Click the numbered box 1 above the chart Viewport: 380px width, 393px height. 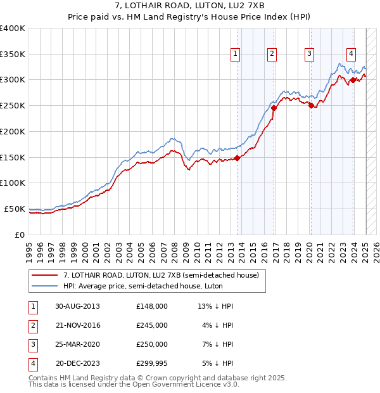click(x=235, y=54)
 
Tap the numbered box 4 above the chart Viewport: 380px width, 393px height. click(x=350, y=54)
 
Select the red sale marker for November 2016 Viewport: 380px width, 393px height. click(x=274, y=108)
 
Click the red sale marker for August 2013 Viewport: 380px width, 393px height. click(x=237, y=158)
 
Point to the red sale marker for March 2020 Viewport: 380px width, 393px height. click(x=311, y=105)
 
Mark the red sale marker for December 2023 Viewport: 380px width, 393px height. click(x=353, y=80)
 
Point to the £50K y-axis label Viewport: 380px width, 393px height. click(x=15, y=209)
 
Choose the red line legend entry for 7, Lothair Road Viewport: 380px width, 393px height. click(x=161, y=276)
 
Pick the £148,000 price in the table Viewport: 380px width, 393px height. click(x=151, y=306)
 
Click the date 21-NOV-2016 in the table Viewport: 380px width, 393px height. click(x=78, y=325)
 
